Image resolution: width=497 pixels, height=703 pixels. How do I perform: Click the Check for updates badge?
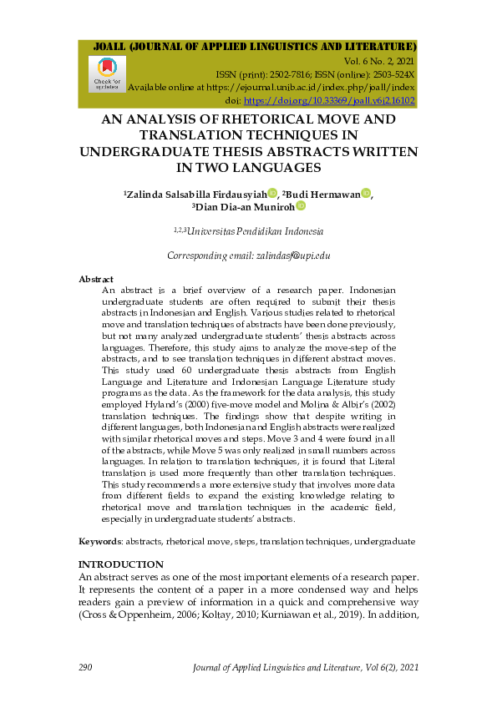pyautogui.click(x=107, y=73)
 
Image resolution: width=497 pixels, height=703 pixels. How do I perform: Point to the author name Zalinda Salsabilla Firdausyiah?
pyautogui.click(x=196, y=194)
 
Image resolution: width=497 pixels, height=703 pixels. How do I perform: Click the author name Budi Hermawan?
pyautogui.click(x=324, y=194)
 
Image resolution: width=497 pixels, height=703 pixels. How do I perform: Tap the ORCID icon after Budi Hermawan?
pyautogui.click(x=366, y=194)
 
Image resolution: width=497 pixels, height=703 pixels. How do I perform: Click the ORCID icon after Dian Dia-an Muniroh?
pyautogui.click(x=301, y=206)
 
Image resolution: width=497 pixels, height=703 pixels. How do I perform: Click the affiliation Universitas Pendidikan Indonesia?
pyautogui.click(x=256, y=231)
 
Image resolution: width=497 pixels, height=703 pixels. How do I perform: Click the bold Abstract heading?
pyautogui.click(x=96, y=279)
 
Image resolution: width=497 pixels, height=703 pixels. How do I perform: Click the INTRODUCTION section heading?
pyautogui.click(x=120, y=564)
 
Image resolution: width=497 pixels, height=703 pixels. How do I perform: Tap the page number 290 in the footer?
pyautogui.click(x=84, y=667)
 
